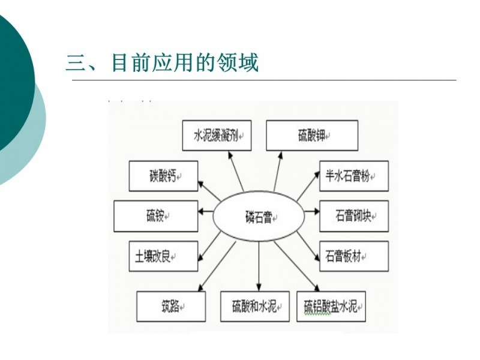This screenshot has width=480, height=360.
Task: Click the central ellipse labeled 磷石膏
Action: pos(259,216)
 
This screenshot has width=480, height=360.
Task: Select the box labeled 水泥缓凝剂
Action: pos(217,136)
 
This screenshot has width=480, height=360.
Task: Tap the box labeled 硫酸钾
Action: pos(312,136)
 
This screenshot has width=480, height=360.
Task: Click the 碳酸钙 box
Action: pos(163,176)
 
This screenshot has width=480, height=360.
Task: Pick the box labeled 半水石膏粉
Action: pos(354,176)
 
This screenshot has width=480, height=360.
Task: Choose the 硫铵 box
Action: pos(156,216)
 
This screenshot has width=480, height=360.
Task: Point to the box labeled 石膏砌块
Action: pos(354,216)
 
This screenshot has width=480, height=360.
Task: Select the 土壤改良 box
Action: pos(163,256)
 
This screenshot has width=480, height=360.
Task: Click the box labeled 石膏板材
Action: pos(354,256)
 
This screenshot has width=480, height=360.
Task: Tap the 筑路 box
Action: pos(171,307)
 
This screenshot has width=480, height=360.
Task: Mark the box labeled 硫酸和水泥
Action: pos(254,307)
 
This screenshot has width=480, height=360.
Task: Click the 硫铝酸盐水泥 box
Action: pos(331,307)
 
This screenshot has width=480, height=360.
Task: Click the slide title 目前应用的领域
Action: pos(185,63)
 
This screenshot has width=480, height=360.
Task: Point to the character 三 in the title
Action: pos(76,64)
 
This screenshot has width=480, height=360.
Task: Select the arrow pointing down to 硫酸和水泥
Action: pos(259,266)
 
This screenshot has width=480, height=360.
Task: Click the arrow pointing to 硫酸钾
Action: pos(278,172)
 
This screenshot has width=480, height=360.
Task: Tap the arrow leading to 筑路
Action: pos(217,266)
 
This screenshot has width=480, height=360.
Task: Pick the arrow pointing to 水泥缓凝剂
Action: pos(236,172)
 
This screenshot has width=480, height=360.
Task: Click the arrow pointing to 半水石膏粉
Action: pos(308,187)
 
